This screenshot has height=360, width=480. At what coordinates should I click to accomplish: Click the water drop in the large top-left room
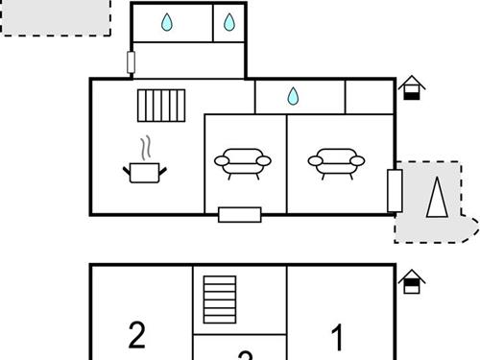pyautogui.click(x=168, y=22)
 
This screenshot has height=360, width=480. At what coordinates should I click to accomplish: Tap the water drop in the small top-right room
pyautogui.click(x=229, y=22)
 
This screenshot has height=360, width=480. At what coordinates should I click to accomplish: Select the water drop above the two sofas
pyautogui.click(x=293, y=96)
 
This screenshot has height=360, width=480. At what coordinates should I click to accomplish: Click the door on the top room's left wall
pyautogui.click(x=131, y=62)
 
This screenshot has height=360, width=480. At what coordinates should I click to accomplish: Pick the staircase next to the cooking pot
pyautogui.click(x=160, y=105)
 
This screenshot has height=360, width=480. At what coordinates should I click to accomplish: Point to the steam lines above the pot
pyautogui.click(x=146, y=149)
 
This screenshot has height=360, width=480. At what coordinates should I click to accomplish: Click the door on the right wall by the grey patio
pyautogui.click(x=394, y=190)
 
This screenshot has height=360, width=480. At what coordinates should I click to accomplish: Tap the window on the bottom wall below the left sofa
pyautogui.click(x=239, y=214)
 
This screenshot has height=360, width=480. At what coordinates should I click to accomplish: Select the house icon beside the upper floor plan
pyautogui.click(x=412, y=87)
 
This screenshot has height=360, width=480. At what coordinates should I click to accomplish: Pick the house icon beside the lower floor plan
pyautogui.click(x=412, y=280)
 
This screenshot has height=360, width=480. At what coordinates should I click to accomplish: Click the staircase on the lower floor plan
pyautogui.click(x=219, y=300)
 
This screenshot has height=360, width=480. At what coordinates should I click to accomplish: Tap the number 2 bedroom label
pyautogui.click(x=137, y=335)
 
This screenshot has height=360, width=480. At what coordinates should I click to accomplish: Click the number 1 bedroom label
pyautogui.click(x=337, y=337)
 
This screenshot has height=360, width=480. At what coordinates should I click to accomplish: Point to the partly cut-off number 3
pyautogui.click(x=245, y=355)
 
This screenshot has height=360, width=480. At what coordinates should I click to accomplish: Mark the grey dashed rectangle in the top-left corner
pyautogui.click(x=56, y=17)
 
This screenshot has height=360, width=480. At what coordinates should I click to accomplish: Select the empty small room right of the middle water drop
pyautogui.click(x=370, y=96)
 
